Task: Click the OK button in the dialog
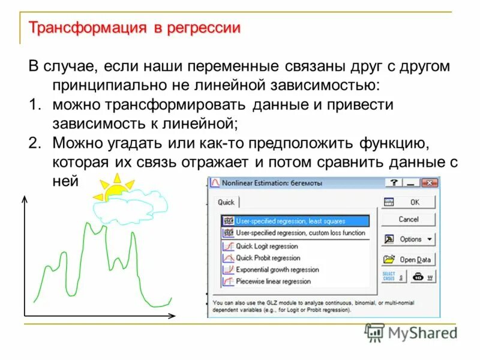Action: point(409,202)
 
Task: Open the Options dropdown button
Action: point(409,239)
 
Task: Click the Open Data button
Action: point(409,259)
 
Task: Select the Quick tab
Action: point(226,202)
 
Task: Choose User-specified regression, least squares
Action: point(290,221)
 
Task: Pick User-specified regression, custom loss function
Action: point(300,232)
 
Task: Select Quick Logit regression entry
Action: point(266,246)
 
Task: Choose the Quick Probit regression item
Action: point(268,257)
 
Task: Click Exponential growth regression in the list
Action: point(277,269)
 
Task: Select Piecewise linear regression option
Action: point(273,281)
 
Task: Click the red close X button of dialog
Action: point(429,182)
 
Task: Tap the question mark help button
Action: point(394,182)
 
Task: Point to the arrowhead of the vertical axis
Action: point(24,199)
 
